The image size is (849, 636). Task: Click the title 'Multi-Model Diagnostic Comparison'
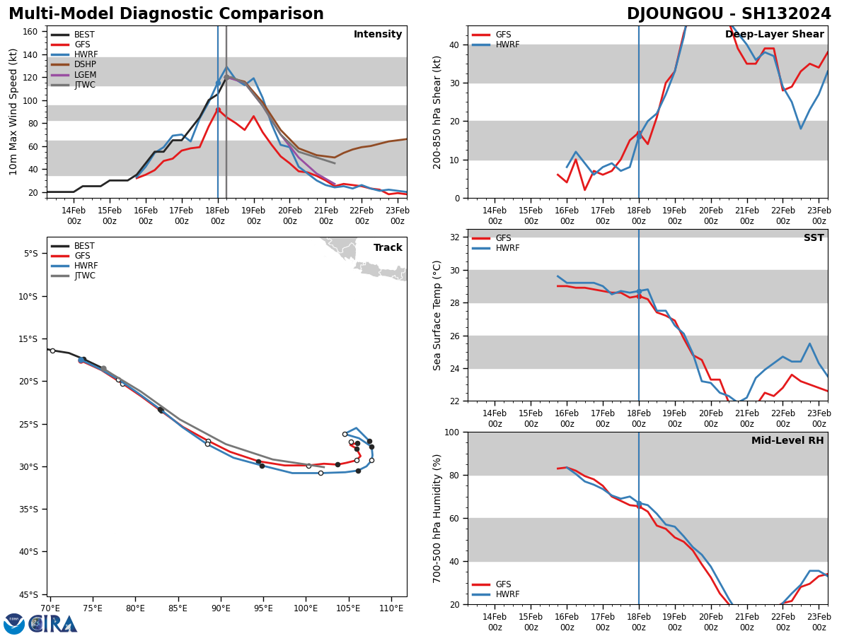coord(166,14)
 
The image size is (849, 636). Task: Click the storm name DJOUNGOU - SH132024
coord(729,14)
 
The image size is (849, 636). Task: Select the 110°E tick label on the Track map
coord(391,608)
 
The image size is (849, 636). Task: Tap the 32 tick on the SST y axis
coord(454,237)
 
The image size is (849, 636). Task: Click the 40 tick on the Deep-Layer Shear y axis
coord(454,45)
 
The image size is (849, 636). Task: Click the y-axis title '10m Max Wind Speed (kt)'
coord(14,112)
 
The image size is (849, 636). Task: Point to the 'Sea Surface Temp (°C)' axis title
coord(438,315)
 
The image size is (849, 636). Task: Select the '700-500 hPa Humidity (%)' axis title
coord(438,518)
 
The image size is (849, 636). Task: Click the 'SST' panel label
coord(814,238)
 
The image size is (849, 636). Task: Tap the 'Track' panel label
coord(388,248)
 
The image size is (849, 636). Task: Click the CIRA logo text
coord(53,623)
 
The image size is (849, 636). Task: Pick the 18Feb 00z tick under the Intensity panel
coord(218,216)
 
